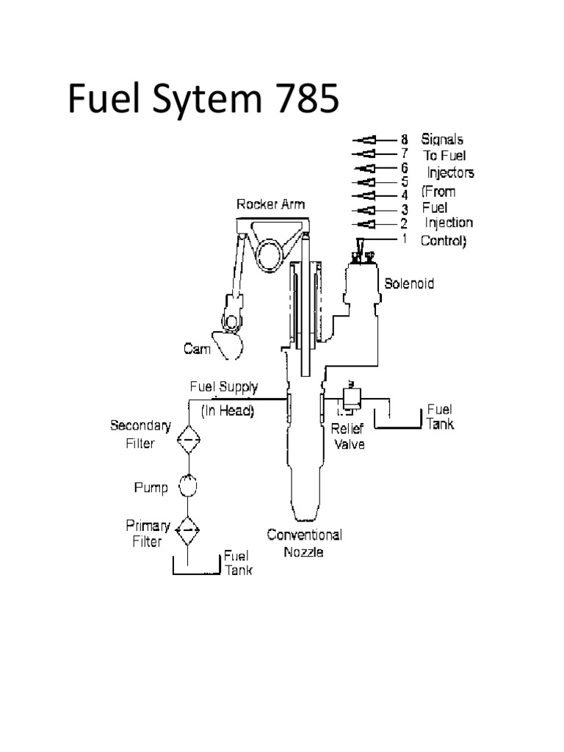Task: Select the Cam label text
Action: click(196, 349)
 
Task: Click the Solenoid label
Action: click(409, 283)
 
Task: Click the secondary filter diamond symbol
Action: click(189, 441)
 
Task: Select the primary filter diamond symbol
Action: click(189, 527)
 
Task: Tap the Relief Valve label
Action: click(347, 436)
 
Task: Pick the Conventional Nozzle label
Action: click(304, 543)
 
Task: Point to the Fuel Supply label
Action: click(224, 386)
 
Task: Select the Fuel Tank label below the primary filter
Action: click(238, 563)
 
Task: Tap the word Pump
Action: click(151, 488)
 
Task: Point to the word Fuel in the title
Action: click(103, 99)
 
